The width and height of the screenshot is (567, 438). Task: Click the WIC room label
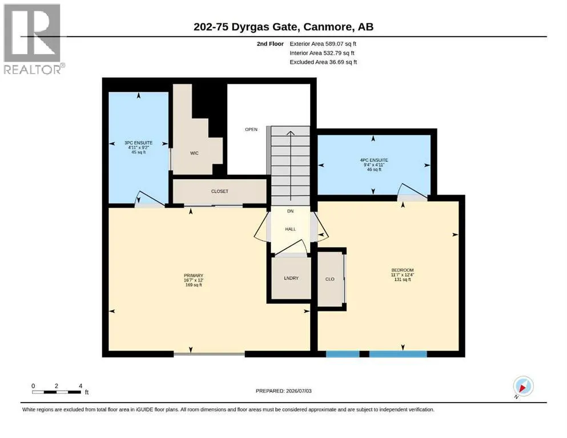click(194, 153)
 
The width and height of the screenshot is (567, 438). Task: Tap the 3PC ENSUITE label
click(139, 143)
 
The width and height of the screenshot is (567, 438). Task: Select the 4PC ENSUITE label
click(374, 160)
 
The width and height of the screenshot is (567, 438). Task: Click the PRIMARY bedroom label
click(194, 275)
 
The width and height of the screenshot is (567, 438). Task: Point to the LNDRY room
click(291, 278)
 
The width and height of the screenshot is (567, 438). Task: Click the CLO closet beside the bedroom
click(330, 279)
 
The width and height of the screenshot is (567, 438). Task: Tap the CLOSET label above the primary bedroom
click(219, 192)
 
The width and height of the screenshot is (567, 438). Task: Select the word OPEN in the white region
click(251, 129)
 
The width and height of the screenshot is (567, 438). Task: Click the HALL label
click(291, 229)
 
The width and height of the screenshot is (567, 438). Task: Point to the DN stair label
click(291, 211)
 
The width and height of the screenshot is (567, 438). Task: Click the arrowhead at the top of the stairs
click(291, 133)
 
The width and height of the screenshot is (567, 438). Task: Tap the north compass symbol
click(523, 386)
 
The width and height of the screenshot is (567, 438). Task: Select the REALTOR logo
click(33, 39)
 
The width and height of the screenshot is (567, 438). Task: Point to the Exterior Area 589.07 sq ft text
click(323, 44)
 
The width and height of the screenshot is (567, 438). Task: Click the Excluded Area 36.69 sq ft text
click(323, 62)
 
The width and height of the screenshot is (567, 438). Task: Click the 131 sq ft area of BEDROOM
click(403, 279)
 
